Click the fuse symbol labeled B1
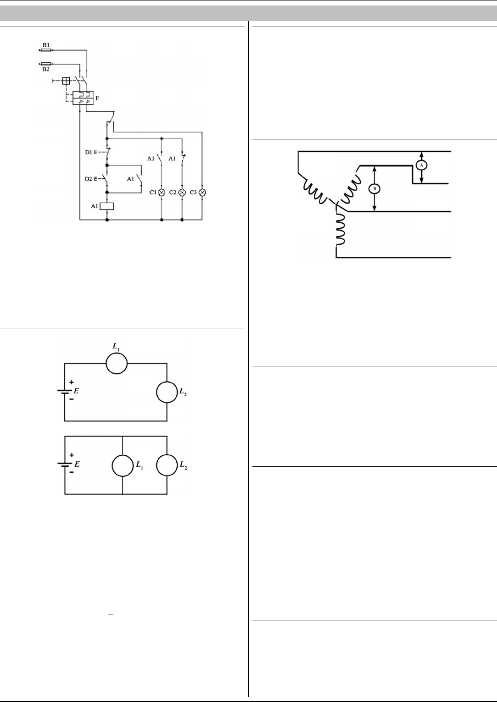click(46, 50)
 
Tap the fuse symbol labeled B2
click(46, 64)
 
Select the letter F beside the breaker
click(97, 98)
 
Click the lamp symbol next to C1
click(162, 192)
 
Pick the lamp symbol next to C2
click(182, 192)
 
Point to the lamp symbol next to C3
click(202, 192)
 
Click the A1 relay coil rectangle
click(107, 206)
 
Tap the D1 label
click(89, 152)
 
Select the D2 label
click(89, 179)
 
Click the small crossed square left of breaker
click(66, 81)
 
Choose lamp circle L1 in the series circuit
click(116, 364)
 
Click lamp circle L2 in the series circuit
click(167, 392)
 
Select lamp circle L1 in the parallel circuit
click(123, 465)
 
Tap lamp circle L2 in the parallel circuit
click(167, 465)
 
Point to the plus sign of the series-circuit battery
click(72, 382)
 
